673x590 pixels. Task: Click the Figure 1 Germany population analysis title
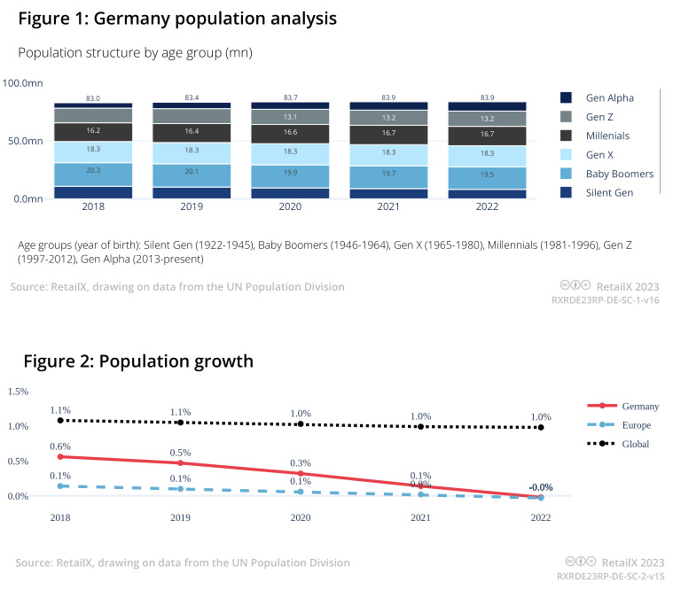click(176, 18)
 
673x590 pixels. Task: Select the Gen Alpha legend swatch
click(566, 97)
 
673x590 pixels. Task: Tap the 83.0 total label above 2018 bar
click(93, 98)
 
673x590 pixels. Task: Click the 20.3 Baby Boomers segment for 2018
click(93, 171)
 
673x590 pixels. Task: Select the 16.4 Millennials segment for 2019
click(192, 131)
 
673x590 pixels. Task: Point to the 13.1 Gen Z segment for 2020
click(290, 117)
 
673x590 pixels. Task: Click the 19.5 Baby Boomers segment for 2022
click(487, 175)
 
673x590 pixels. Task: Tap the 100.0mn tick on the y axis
click(23, 83)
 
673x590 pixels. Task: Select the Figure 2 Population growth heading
click(137, 361)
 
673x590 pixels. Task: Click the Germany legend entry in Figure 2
click(639, 407)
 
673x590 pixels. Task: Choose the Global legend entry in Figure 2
click(635, 444)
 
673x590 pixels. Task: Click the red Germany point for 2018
click(60, 456)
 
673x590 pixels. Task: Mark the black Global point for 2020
click(301, 424)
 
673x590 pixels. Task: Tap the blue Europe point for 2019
click(181, 489)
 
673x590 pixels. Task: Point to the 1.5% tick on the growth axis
click(19, 392)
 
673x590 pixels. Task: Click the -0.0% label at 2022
click(541, 487)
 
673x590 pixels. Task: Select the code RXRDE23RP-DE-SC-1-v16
click(606, 300)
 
